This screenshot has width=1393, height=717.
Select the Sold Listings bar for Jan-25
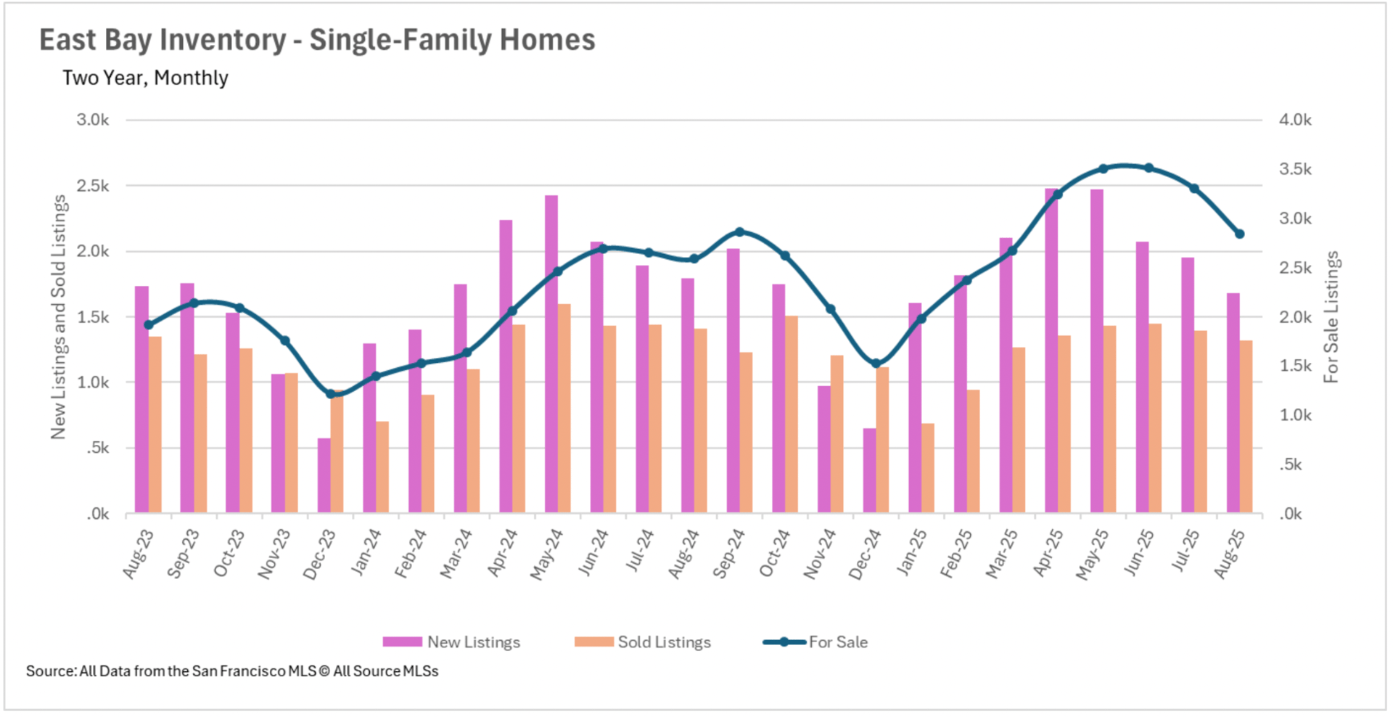coord(927,468)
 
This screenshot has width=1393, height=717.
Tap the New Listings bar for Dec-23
coord(324,475)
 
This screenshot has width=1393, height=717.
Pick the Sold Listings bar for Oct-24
coord(791,414)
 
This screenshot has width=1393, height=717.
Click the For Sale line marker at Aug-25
coord(1239,234)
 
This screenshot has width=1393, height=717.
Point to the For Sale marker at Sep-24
coord(739,232)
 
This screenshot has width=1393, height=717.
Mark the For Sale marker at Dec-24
coord(876,364)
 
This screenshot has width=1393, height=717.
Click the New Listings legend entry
coord(451,642)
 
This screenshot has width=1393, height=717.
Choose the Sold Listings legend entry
coord(643,642)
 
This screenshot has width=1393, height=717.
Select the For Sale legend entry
coord(815,642)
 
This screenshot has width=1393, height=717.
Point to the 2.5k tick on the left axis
coord(93,187)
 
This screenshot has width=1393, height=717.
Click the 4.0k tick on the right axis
coord(1295,120)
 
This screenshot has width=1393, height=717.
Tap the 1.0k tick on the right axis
coord(1295,416)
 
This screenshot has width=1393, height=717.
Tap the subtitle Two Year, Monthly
coord(145,78)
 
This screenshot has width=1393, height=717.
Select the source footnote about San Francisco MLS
coord(232,671)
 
